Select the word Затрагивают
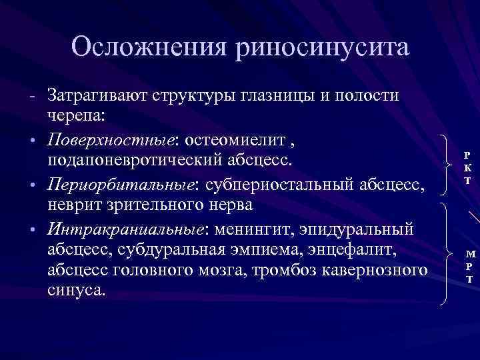point(99,95)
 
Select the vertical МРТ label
point(471,267)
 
